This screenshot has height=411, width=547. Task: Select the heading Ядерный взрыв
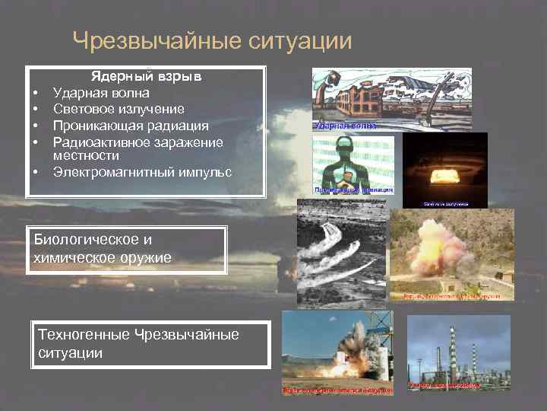pyautogui.click(x=146, y=77)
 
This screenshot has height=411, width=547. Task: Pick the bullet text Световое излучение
pyautogui.click(x=118, y=109)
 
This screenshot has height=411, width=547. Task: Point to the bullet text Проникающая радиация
pyautogui.click(x=131, y=125)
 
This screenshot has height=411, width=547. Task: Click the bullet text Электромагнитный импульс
pyautogui.click(x=142, y=172)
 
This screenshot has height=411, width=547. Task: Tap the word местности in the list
pyautogui.click(x=86, y=155)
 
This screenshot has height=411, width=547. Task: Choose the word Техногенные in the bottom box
pyautogui.click(x=84, y=335)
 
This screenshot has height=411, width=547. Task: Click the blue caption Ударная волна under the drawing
pyautogui.click(x=346, y=125)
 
